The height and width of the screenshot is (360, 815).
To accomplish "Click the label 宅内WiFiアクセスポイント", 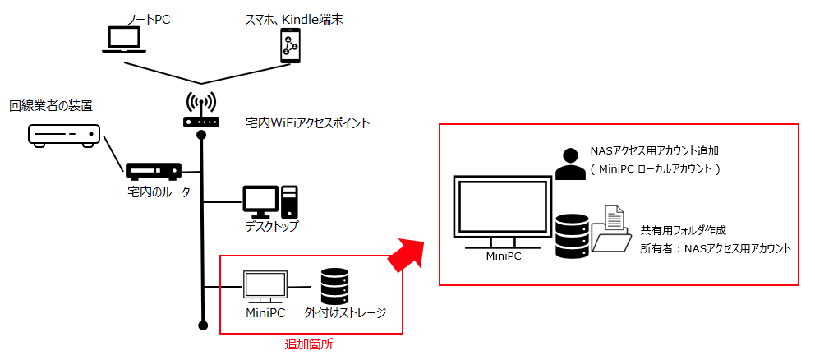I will coord(308,123).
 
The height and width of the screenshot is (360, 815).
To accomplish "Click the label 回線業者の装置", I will coord(51,106).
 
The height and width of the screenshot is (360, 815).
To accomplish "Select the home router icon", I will coord(154,172).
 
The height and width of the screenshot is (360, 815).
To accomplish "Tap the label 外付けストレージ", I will coord(345,313).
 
